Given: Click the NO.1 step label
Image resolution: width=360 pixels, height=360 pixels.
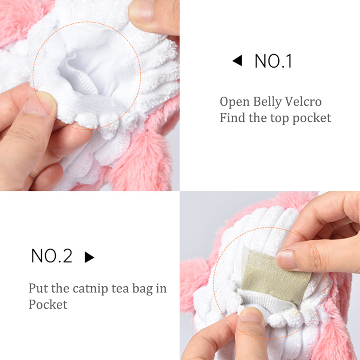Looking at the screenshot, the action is click(273, 61).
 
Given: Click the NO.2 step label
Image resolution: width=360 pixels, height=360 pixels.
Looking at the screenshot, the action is click(52, 256).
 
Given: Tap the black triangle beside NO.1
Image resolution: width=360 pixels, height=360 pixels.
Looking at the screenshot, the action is click(237, 60).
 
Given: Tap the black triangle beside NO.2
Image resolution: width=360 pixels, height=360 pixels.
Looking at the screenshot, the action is click(89, 257).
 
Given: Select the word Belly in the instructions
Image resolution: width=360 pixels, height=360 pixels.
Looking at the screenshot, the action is click(267, 102).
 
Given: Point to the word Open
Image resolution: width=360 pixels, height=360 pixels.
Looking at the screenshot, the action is click(235, 102).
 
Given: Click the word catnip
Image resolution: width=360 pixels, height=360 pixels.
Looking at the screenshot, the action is click(90, 289).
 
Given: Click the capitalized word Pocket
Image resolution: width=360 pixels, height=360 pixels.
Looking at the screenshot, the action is click(48, 305).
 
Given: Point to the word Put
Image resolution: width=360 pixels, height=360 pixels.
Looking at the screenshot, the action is click(38, 289).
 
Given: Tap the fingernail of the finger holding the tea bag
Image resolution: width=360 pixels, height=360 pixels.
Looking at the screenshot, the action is click(286, 259).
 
